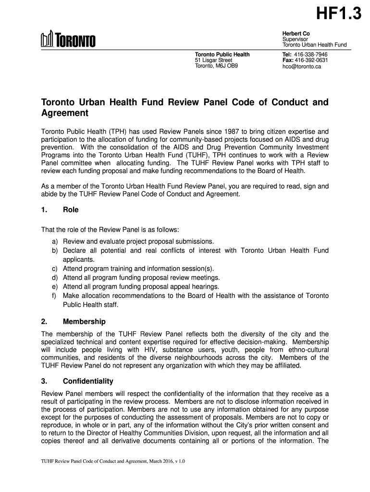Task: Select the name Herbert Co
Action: (296, 32)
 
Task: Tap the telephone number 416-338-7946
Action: (311, 55)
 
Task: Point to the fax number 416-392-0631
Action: (311, 61)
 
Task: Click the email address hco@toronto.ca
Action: (301, 67)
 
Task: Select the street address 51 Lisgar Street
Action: (213, 61)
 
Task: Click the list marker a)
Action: (55, 241)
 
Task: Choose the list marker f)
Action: (55, 296)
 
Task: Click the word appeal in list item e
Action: (175, 287)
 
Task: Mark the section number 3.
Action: (43, 381)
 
